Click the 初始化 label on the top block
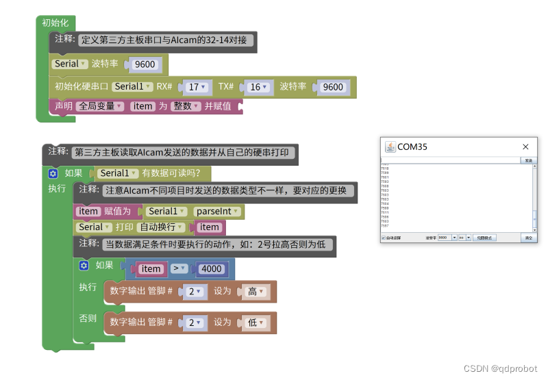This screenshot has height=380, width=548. coord(55,23)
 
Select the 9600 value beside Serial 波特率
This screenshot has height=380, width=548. coord(145,64)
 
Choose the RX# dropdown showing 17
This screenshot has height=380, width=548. coord(197,87)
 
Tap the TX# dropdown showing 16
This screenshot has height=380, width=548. coord(258,87)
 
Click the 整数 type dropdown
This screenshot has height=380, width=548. coord(185,106)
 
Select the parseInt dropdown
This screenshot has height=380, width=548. coord(217,212)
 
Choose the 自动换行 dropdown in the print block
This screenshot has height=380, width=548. coord(161,227)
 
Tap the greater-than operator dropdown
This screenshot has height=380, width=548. coord(178,269)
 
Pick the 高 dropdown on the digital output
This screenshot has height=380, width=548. coord(256,292)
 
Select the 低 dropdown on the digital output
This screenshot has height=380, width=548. coord(256,322)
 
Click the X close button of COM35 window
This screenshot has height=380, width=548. coord(525,147)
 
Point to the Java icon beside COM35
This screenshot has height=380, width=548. coord(390,147)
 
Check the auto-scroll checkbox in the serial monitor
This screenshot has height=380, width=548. coord(384,238)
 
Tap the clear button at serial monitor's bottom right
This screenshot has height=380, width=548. coord(528,238)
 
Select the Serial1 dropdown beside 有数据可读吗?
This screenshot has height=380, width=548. coord(119,173)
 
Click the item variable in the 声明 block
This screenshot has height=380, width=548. coord(143,106)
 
